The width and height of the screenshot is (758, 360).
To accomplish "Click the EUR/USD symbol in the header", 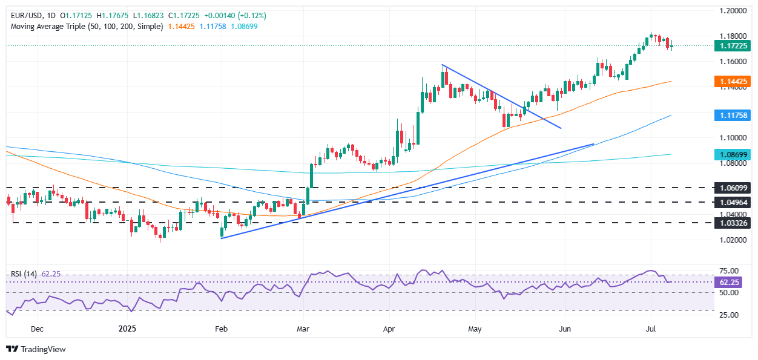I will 25,15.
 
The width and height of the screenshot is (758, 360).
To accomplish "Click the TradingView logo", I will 36,349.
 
